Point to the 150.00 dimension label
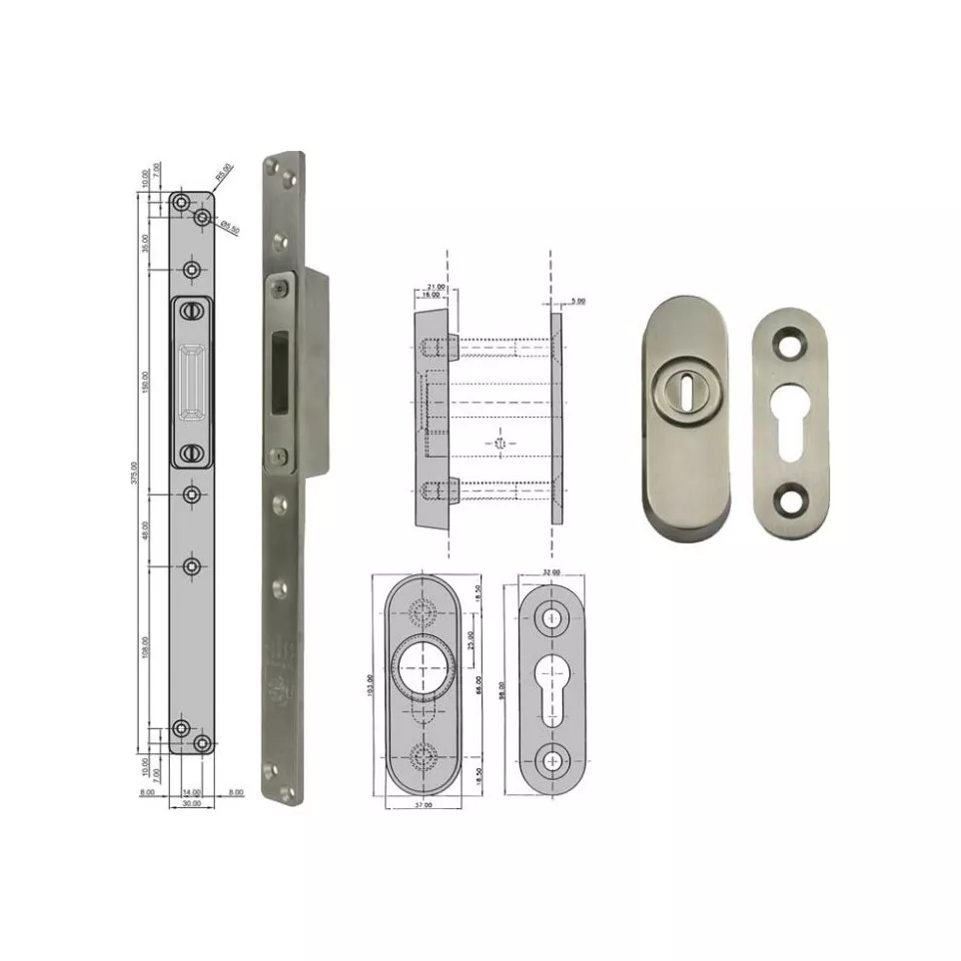point(145,382)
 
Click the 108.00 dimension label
point(145,648)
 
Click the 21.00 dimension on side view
point(436,287)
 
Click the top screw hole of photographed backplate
point(792,342)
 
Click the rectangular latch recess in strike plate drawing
point(192,382)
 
